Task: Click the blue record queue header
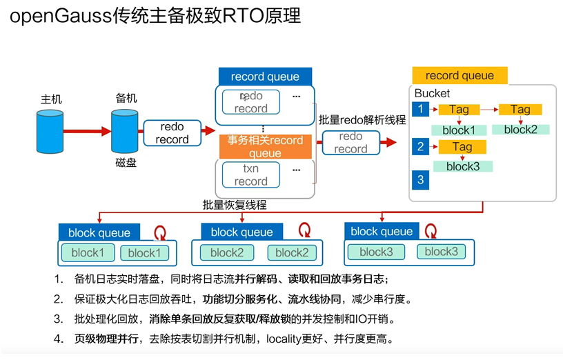click(265, 77)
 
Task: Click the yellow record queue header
click(459, 75)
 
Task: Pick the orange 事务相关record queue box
click(265, 146)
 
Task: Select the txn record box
click(250, 175)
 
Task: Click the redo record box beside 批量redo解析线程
click(350, 143)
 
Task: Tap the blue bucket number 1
click(420, 109)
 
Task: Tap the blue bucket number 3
click(420, 180)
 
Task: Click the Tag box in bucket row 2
click(462, 146)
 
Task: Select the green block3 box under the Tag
click(462, 166)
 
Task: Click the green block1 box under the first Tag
click(459, 130)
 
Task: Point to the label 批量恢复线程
click(235, 205)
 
